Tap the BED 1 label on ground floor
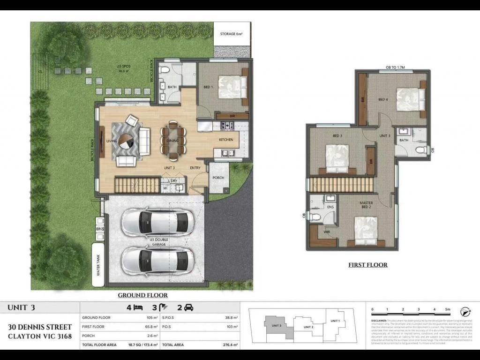(208, 87)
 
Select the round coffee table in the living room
(126, 141)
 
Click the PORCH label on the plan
(218, 178)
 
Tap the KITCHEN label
(226, 140)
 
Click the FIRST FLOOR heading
(368, 265)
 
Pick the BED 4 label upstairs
(383, 99)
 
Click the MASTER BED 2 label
(366, 205)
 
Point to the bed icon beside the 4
(138, 308)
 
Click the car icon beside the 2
(188, 308)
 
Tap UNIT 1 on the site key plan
(335, 321)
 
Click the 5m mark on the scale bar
(448, 310)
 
